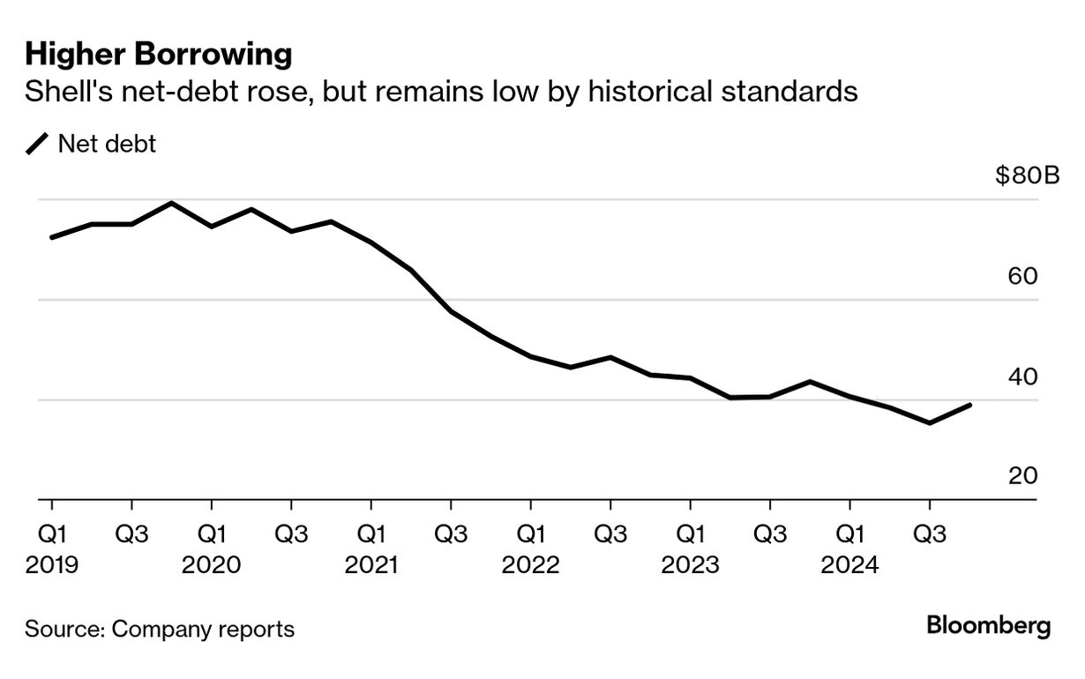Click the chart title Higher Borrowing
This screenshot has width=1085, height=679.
pyautogui.click(x=158, y=55)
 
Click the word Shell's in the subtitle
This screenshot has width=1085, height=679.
pyautogui.click(x=62, y=92)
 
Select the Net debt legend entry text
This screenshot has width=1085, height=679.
pyautogui.click(x=107, y=144)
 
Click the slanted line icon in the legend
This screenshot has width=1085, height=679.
pyautogui.click(x=38, y=144)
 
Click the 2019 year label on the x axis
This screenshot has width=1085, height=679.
pyautogui.click(x=51, y=564)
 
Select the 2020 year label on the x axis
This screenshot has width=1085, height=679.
pyautogui.click(x=211, y=564)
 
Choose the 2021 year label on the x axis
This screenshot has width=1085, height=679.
pyautogui.click(x=370, y=564)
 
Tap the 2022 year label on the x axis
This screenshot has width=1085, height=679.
pyautogui.click(x=530, y=564)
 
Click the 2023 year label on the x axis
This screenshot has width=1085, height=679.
pyautogui.click(x=690, y=564)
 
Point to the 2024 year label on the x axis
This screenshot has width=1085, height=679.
pyautogui.click(x=849, y=564)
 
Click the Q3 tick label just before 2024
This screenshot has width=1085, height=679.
pyautogui.click(x=769, y=534)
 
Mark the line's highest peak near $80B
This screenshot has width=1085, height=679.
pyautogui.click(x=171, y=204)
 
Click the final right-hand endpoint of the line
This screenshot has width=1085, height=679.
pyautogui.click(x=970, y=405)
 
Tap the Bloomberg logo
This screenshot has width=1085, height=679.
pyautogui.click(x=988, y=627)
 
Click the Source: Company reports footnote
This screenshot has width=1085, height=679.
pyautogui.click(x=159, y=630)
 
